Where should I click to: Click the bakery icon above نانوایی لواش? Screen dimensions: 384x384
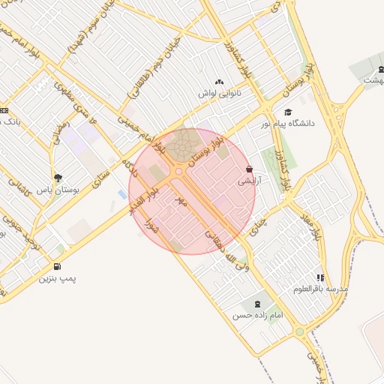coord(219,82)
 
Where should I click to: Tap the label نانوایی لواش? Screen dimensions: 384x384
coord(220,93)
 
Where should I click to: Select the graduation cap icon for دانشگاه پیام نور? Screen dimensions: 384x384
coord(287,112)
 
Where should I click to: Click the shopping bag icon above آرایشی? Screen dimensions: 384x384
coord(249,170)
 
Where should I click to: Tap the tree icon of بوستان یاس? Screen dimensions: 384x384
coord(58,178)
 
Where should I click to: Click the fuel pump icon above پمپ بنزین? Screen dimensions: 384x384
coord(58,266)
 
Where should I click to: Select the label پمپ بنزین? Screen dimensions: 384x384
coord(58,277)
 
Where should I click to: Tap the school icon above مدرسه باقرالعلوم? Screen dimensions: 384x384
coord(321,277)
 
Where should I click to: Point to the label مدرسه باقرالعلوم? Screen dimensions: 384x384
coord(322,289)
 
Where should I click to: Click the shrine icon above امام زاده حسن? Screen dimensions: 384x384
coord(259,304)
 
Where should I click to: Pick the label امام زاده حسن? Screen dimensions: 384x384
coord(259,316)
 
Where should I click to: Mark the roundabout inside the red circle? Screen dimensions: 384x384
coord(179,172)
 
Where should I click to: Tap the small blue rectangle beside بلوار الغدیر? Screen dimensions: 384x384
coord(122,195)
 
